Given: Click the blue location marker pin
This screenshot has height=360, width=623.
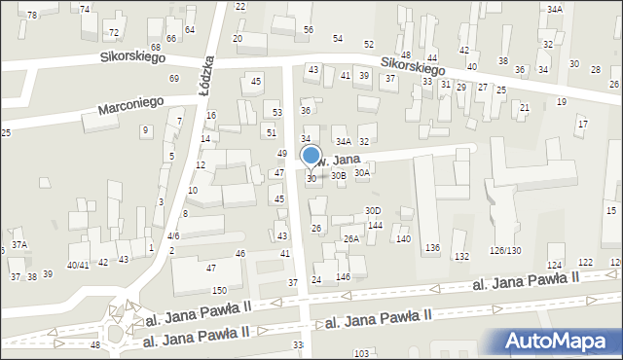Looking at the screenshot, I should point(311,156).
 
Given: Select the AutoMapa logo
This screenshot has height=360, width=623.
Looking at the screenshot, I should point(562,341).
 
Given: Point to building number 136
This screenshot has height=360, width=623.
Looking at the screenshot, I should point(432,248).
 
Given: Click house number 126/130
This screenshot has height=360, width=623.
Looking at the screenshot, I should point(505,250).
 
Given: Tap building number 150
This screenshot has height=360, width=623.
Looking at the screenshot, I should point(220,290).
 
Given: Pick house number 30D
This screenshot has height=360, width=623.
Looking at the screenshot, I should point(373,211).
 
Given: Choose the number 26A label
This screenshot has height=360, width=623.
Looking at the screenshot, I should point(351,238).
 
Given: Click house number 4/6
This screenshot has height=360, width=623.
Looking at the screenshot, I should point(172,235).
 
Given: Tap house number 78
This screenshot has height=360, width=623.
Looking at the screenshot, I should point(32,15).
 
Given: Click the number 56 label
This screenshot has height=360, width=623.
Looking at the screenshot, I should point(308,30).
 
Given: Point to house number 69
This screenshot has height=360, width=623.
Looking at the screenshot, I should point(174,78).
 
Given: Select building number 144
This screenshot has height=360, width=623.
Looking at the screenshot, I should point(375,225).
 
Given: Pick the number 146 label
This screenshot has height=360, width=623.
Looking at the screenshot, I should point(343,277).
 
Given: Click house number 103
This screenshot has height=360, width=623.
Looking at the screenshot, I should point(361,353).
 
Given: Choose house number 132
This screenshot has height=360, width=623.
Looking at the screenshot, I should point(461,256).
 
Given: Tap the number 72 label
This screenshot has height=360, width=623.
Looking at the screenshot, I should point(114,32).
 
